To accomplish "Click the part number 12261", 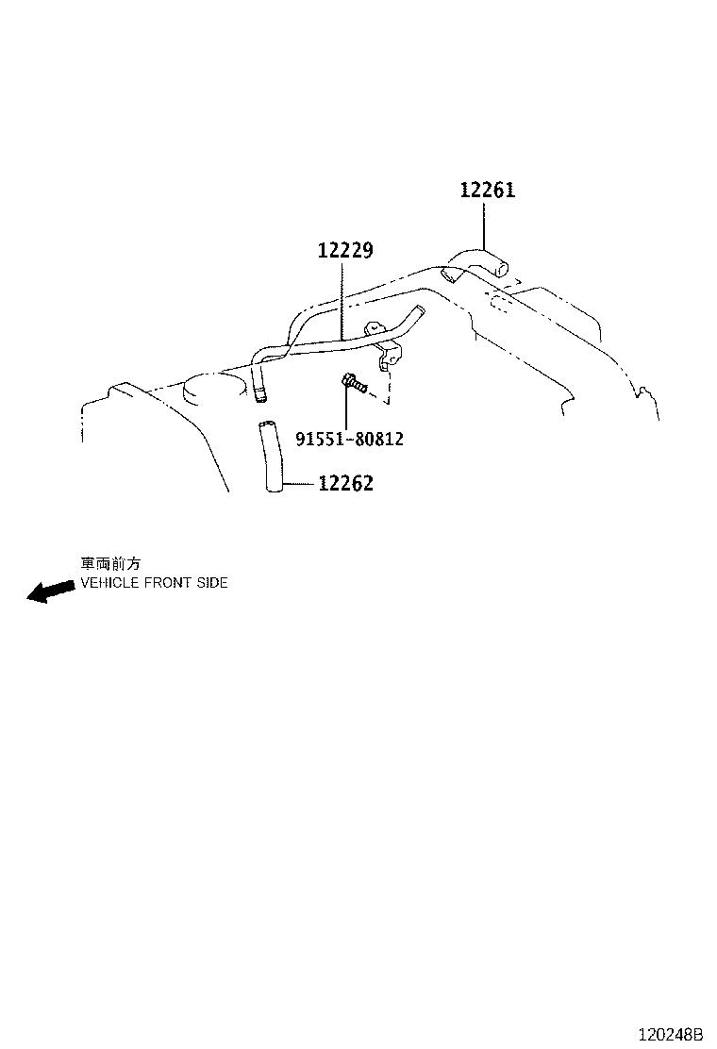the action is click(x=488, y=190).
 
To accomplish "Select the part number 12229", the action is click(x=345, y=250).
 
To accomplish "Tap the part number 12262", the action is click(x=345, y=483).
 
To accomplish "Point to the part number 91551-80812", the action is click(x=350, y=439).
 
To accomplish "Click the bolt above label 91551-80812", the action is click(x=354, y=383).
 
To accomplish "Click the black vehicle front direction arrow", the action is click(x=50, y=591).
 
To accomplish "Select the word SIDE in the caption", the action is click(x=212, y=583).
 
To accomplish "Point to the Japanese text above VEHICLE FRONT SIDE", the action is click(x=110, y=564).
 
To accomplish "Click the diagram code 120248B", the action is click(x=671, y=1034).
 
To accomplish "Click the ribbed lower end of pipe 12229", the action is click(x=259, y=392).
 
